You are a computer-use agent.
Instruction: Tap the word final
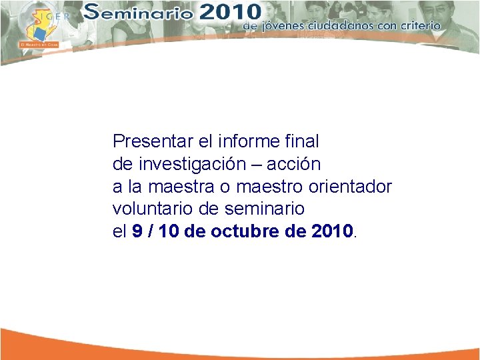click(303, 142)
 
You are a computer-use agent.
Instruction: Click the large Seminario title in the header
click(140, 12)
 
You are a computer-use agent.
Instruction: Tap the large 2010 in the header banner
click(227, 11)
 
